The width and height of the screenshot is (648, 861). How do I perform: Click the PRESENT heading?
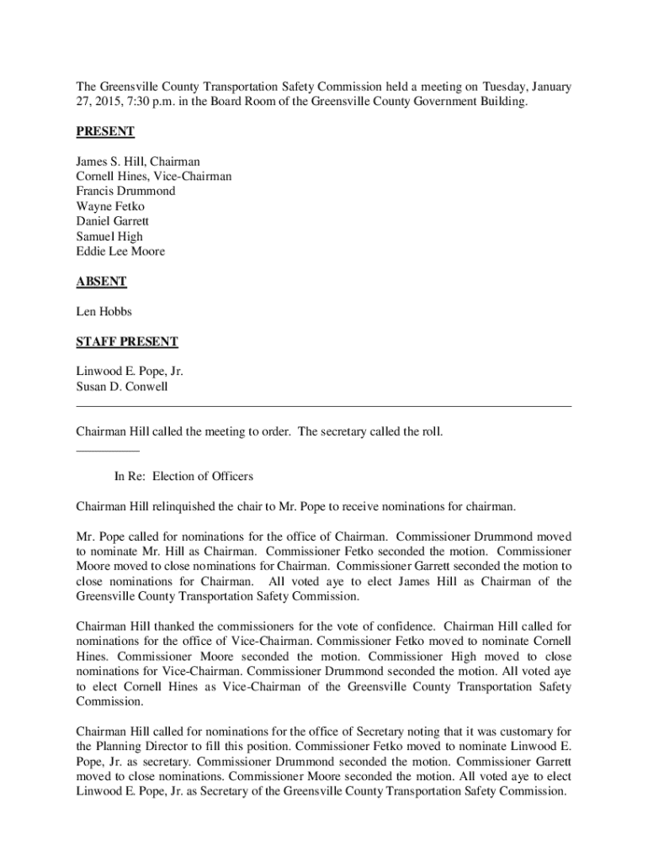pos(105,132)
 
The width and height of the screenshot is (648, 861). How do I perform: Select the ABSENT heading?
pos(101,282)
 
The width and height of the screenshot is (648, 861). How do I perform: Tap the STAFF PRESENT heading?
pos(127,341)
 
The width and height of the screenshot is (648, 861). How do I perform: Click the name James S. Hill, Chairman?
pos(138,161)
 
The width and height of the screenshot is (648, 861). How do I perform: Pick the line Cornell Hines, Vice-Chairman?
pos(154,177)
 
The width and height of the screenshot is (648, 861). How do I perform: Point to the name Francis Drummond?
pos(125,192)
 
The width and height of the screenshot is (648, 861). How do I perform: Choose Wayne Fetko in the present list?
pos(109,207)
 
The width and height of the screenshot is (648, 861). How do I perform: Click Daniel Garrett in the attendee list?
pos(112,222)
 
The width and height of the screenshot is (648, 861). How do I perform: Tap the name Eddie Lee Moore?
pos(120,252)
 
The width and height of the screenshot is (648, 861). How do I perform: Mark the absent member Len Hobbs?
pos(104,312)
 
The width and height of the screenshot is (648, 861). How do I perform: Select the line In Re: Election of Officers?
pos(183,477)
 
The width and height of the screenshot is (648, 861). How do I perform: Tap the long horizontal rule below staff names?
pos(324,407)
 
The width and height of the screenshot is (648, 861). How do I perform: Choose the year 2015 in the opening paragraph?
pos(106,102)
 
